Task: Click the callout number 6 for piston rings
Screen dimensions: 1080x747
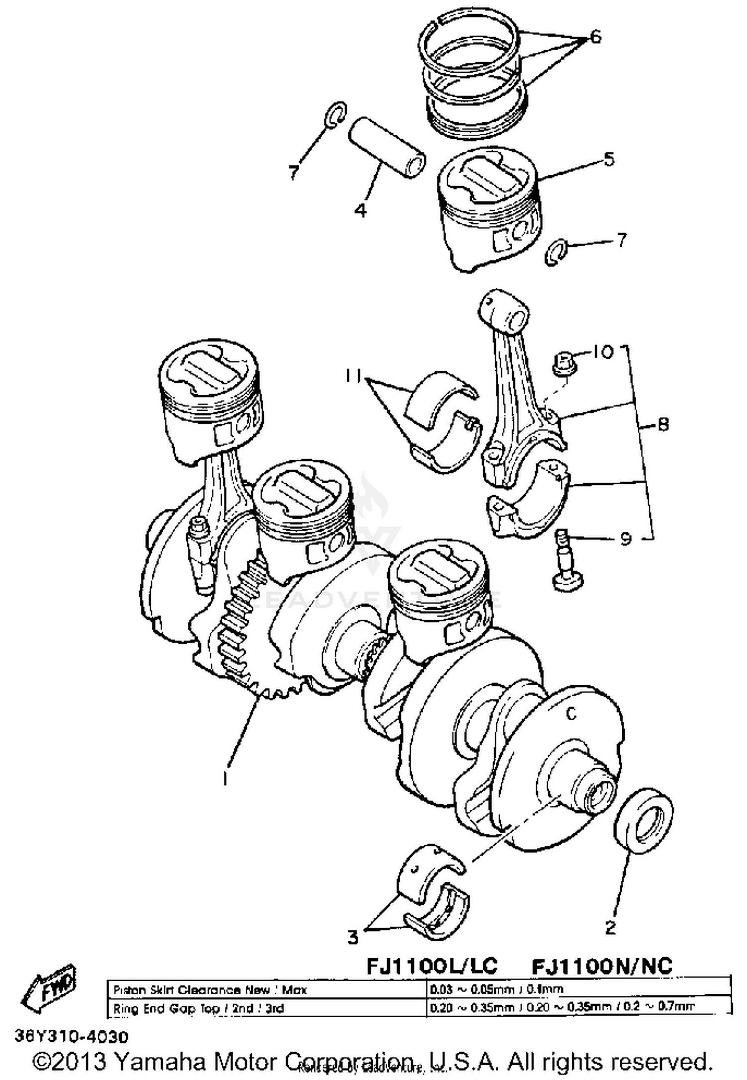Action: (x=595, y=37)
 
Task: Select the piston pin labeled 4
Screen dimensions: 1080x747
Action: (x=386, y=148)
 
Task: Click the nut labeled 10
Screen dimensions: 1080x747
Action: (x=564, y=362)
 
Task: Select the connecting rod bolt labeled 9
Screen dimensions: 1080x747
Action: (x=567, y=560)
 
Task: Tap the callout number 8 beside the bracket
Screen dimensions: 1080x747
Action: (x=663, y=425)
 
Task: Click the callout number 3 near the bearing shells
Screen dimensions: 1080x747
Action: (x=353, y=937)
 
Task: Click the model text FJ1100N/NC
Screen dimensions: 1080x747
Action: (x=602, y=966)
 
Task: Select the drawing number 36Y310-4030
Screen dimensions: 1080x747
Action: (x=72, y=1037)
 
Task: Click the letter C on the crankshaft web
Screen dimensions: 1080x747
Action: (x=572, y=714)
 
